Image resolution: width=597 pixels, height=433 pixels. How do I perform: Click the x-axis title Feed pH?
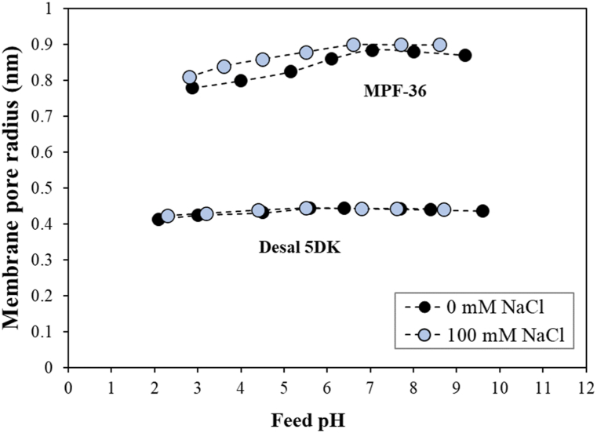[x=324, y=419]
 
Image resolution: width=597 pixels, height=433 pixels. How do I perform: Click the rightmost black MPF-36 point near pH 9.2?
[x=464, y=55]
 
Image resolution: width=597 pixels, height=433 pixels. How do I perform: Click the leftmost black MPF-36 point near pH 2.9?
[x=192, y=87]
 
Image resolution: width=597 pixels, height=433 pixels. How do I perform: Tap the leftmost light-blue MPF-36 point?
[x=189, y=77]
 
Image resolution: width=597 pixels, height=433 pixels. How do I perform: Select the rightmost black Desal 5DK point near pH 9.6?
[x=482, y=210]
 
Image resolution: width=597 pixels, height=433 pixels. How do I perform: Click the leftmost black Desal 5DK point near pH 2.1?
[x=158, y=219]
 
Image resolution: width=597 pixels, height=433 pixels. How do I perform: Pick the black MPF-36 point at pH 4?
[x=240, y=80]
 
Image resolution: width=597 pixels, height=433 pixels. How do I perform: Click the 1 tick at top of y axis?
[x=56, y=9]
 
